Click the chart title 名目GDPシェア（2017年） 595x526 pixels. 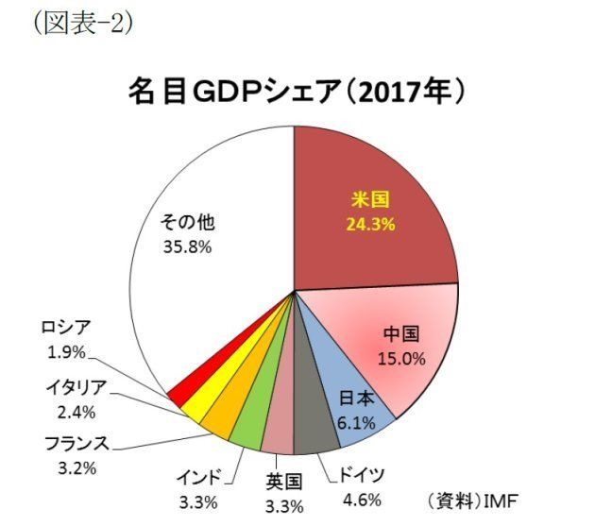pos(297,93)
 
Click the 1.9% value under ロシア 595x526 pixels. pos(66,351)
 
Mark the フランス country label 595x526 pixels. pos(76,443)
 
